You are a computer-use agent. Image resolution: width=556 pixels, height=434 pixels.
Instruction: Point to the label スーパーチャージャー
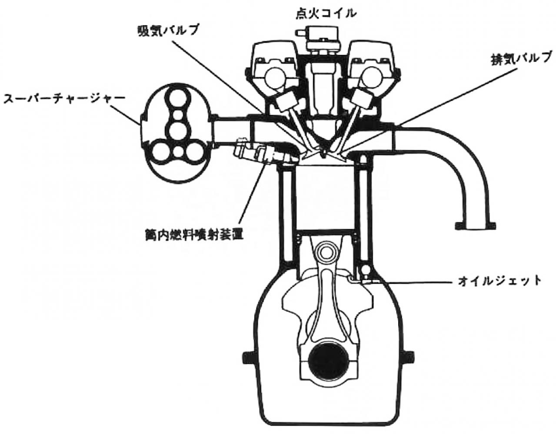tap(64, 99)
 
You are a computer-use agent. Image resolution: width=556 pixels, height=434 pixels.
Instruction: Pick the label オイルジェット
tap(500, 280)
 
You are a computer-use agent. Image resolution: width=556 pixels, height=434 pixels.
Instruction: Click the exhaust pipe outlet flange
tap(474, 226)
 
